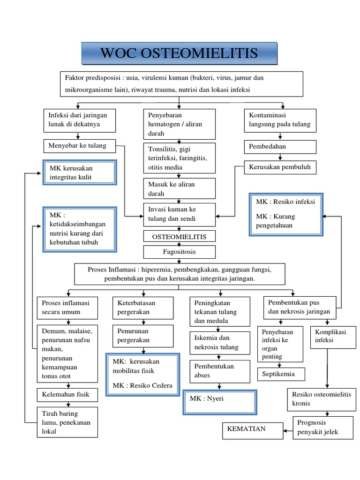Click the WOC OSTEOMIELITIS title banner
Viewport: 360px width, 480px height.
tap(180, 53)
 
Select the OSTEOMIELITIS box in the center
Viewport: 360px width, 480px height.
tap(180, 236)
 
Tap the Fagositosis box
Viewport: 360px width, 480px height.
tap(180, 252)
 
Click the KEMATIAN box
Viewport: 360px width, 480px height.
tap(252, 429)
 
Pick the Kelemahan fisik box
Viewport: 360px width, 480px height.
tap(67, 395)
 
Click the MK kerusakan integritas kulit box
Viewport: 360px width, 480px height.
tap(79, 172)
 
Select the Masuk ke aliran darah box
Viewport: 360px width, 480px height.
tap(180, 188)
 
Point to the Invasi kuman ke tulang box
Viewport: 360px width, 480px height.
tap(180, 215)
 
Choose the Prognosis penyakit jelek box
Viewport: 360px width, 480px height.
tap(323, 427)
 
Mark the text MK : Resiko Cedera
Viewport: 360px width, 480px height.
tap(142, 386)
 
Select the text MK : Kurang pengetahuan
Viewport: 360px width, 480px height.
tap(285, 221)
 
